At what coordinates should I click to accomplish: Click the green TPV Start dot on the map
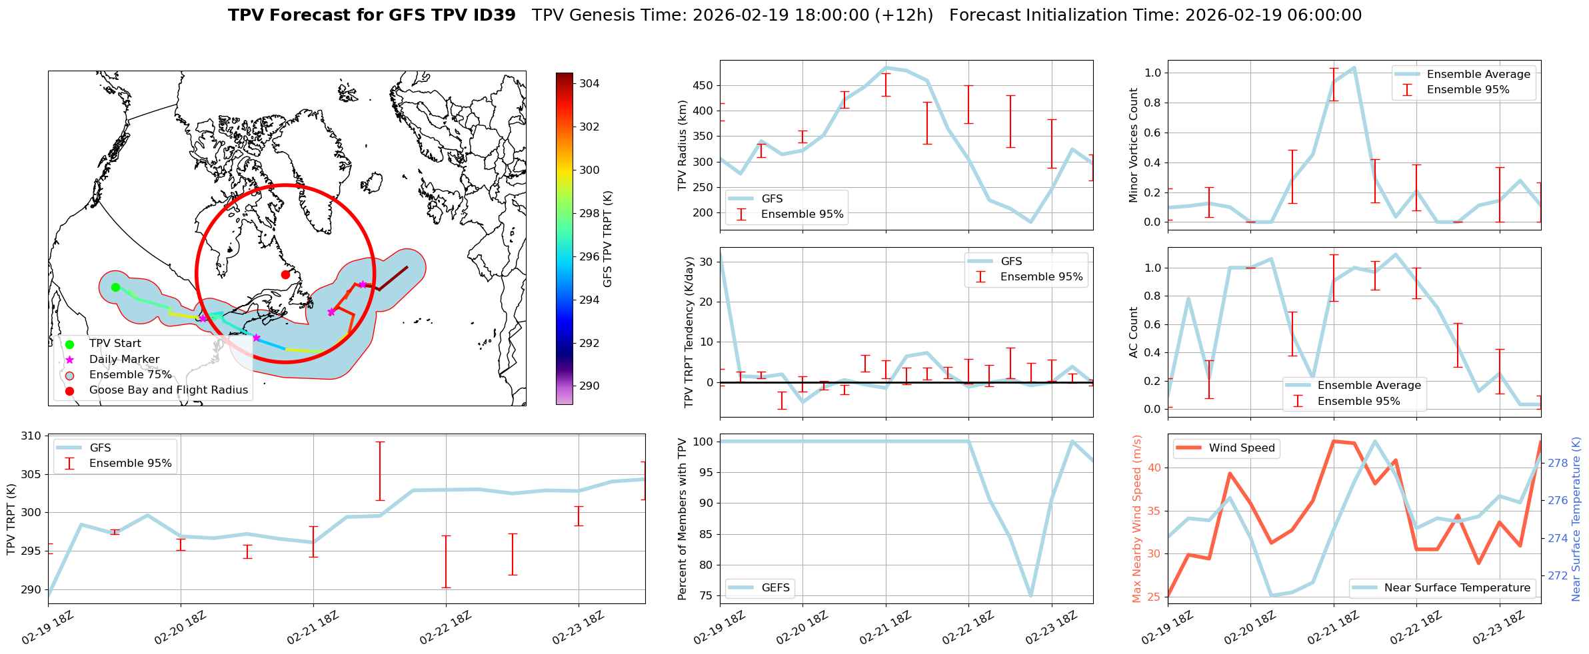115,287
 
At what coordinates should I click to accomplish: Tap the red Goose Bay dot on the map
285,274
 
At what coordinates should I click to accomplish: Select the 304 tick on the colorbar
589,84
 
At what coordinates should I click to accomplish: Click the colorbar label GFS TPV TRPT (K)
607,239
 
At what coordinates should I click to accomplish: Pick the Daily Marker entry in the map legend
124,360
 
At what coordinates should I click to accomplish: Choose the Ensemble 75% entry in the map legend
130,375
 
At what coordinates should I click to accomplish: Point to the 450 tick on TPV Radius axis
703,85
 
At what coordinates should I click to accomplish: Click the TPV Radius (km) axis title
682,145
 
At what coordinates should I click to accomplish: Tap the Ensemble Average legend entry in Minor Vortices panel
1478,75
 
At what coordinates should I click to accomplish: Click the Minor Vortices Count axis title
1134,145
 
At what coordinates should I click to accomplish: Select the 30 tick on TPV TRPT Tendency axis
705,262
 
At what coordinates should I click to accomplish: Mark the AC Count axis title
1134,332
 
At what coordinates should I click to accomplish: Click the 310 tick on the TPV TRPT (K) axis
32,436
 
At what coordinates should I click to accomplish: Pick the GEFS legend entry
775,588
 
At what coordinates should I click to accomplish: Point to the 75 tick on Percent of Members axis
705,596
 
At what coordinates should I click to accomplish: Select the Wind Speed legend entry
1242,448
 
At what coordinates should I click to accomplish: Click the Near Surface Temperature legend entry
1457,588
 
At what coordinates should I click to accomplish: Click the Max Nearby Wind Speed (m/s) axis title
1137,519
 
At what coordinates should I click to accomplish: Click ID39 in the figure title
493,15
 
